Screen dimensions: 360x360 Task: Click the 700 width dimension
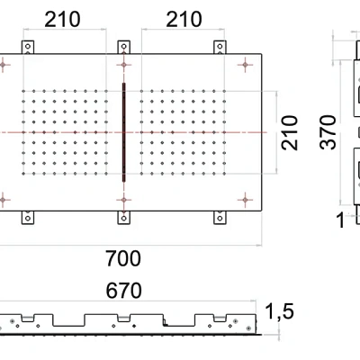pyautogui.click(x=122, y=259)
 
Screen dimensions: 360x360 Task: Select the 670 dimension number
pyautogui.click(x=122, y=293)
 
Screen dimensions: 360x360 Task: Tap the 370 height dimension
pyautogui.click(x=329, y=132)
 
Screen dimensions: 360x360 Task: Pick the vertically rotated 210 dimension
pyautogui.click(x=288, y=132)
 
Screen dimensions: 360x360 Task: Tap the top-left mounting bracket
pyautogui.click(x=28, y=48)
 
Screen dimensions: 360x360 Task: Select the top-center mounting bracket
pyautogui.click(x=123, y=48)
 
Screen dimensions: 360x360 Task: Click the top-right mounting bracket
pyautogui.click(x=219, y=48)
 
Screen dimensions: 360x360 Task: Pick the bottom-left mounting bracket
pyautogui.click(x=28, y=217)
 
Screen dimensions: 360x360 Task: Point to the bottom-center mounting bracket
pyautogui.click(x=123, y=217)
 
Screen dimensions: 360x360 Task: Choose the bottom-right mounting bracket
pyautogui.click(x=219, y=217)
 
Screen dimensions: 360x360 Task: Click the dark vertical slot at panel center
pyautogui.click(x=123, y=132)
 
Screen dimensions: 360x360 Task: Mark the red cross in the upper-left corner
pyautogui.click(x=6, y=66)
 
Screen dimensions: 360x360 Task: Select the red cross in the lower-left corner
pyautogui.click(x=6, y=199)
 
